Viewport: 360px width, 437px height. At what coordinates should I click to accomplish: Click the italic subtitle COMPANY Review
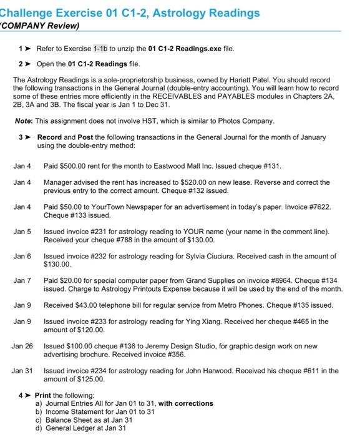pyautogui.click(x=41, y=26)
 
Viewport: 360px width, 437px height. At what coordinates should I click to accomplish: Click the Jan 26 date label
pyautogui.click(x=22, y=346)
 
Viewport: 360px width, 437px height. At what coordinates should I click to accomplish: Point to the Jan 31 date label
pyautogui.click(x=22, y=371)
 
